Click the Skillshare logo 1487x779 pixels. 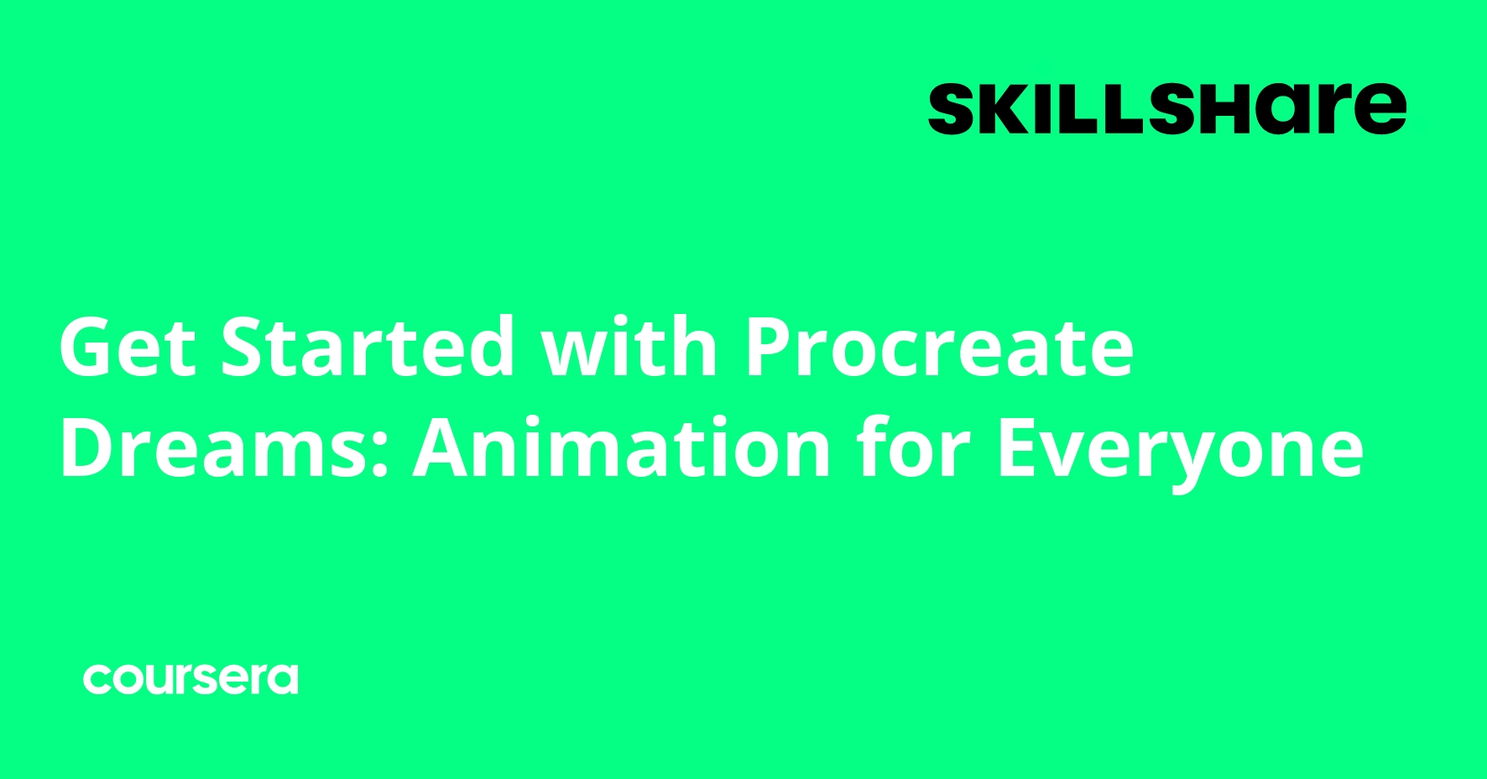(x=1166, y=108)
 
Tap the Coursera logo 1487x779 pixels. (x=190, y=679)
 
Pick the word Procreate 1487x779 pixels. (x=940, y=347)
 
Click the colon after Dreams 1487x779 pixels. (x=380, y=457)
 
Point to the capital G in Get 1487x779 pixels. (x=88, y=347)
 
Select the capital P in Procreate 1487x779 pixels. (x=770, y=347)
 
